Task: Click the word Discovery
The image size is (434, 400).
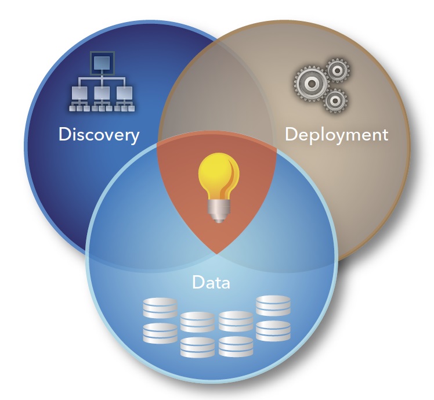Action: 99,135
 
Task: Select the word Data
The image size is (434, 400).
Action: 211,283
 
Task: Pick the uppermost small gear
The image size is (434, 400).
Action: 337,70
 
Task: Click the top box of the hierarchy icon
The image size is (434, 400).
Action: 102,60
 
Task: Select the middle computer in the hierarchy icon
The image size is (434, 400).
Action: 102,93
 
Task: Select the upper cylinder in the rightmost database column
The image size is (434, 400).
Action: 273,305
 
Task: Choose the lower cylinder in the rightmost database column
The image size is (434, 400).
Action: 273,330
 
